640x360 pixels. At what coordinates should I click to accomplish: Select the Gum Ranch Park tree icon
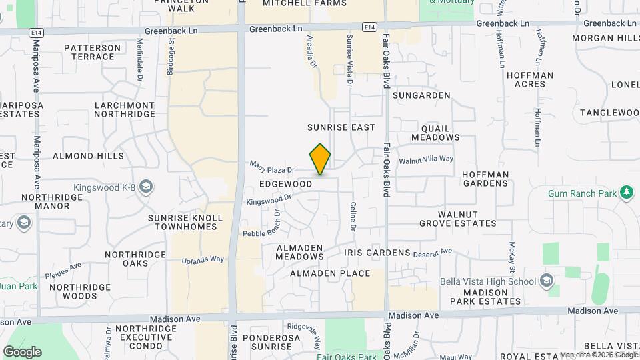pyautogui.click(x=625, y=193)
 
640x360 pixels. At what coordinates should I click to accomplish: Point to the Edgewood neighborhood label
pyautogui.click(x=286, y=183)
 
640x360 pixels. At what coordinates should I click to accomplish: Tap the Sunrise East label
pyautogui.click(x=341, y=127)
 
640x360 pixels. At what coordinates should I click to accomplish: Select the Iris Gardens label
pyautogui.click(x=377, y=253)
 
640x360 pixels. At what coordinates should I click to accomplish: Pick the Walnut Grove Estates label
pyautogui.click(x=458, y=219)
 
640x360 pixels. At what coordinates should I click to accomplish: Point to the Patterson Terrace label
pyautogui.click(x=92, y=53)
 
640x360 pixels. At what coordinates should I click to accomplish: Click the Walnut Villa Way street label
pyautogui.click(x=426, y=160)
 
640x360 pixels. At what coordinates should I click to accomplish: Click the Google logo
pyautogui.click(x=22, y=351)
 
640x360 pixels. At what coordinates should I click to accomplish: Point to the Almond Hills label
pyautogui.click(x=88, y=156)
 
